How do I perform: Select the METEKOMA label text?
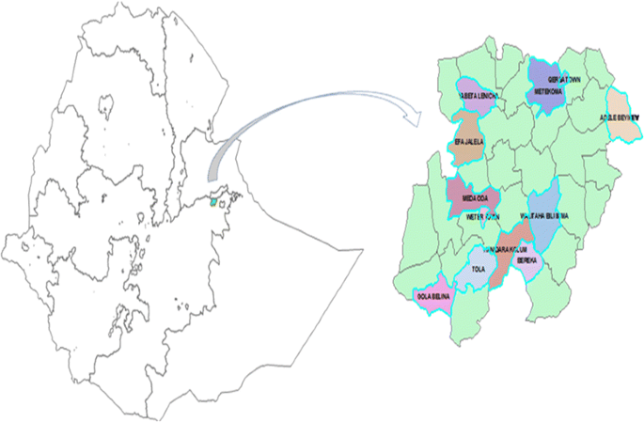(x=548, y=93)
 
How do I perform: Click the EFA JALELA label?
(x=468, y=142)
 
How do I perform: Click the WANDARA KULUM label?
(x=502, y=252)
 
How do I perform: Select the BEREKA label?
(x=526, y=259)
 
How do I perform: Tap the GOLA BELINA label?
(x=433, y=296)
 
